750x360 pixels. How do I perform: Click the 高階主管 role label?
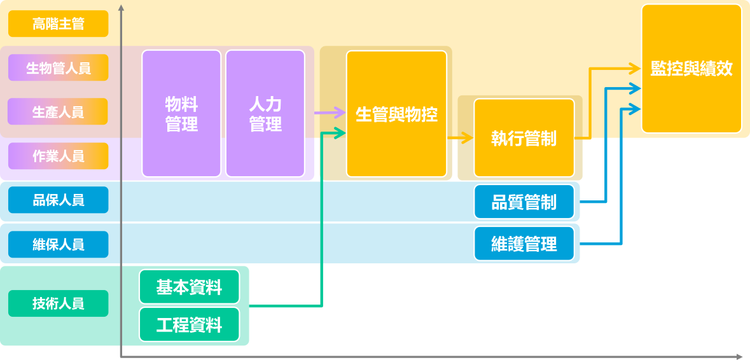pos(58,25)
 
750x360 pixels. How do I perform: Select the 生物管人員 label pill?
pos(58,68)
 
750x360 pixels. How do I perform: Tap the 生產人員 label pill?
pos(58,112)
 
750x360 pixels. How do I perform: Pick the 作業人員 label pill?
pos(58,156)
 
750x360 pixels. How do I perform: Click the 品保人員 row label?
pos(58,201)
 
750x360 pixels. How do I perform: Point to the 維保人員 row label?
pos(58,244)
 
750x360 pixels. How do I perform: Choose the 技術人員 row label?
pos(58,303)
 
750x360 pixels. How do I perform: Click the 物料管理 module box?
pos(181,114)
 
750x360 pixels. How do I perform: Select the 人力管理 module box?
pos(265,114)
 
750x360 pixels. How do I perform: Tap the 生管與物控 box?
pos(396,114)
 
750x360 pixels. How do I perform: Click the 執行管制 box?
pos(524,138)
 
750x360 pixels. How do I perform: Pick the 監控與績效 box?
pos(691,69)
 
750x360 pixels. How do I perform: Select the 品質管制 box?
pos(524,202)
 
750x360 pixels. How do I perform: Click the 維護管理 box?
pos(524,244)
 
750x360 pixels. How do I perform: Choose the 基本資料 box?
pos(189,287)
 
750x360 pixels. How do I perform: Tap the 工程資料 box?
pos(189,326)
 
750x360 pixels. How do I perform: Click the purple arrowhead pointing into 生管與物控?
pos(340,113)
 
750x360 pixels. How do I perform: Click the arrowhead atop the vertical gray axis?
pos(121,8)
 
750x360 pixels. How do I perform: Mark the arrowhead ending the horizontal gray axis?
pos(739,357)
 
